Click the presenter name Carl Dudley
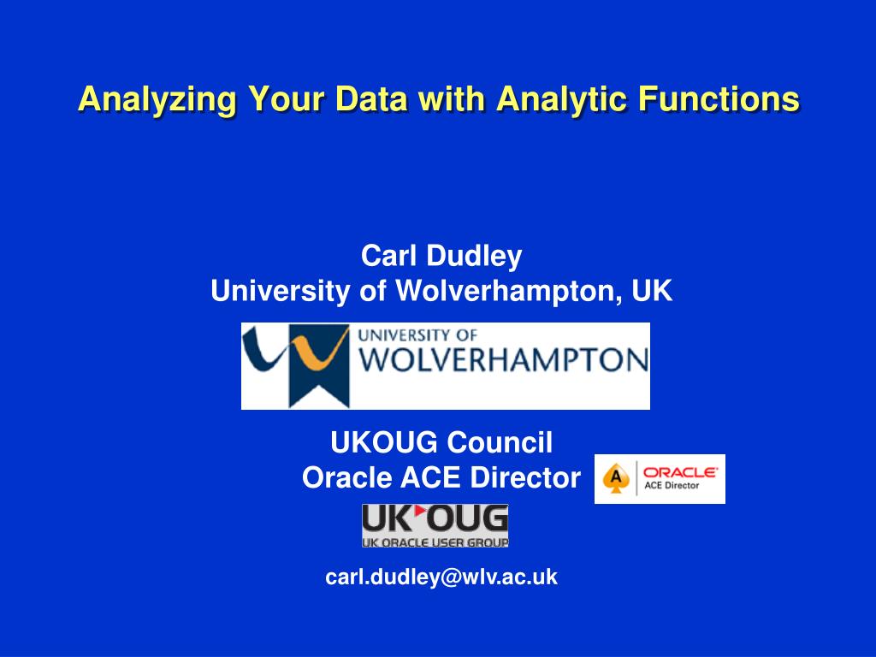pos(441,255)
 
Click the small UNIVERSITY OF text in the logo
pos(417,336)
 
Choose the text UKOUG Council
pos(441,442)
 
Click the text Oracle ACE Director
pos(441,477)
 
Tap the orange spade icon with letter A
pos(615,479)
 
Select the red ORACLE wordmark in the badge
pos(680,471)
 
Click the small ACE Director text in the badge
pos(672,485)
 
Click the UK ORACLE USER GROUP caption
pos(435,542)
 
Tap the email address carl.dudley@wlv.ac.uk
pos(441,577)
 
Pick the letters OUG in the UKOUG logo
pos(467,518)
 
